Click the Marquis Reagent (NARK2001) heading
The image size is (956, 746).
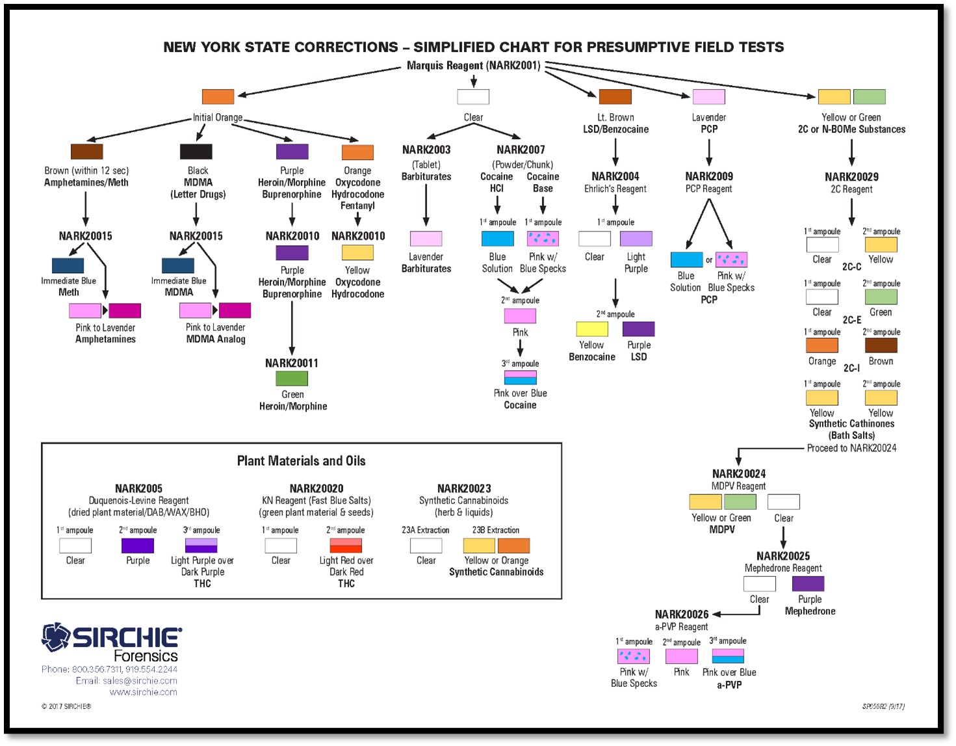473,66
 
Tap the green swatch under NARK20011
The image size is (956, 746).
292,379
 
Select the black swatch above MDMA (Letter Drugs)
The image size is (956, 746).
196,152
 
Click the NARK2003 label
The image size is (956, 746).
426,150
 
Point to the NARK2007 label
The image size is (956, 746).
521,150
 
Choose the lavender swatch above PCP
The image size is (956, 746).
708,97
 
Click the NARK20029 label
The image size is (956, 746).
851,177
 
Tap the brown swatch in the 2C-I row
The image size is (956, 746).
881,345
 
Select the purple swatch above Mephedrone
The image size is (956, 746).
808,583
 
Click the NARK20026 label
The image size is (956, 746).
681,615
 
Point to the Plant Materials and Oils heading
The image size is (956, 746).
301,461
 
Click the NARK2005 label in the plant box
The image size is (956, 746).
138,488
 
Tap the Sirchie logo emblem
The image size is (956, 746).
56,637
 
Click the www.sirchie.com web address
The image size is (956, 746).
143,692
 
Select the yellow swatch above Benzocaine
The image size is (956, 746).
592,329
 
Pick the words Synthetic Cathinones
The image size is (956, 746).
851,423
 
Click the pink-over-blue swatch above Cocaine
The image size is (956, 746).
520,377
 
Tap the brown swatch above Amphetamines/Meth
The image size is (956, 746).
86,152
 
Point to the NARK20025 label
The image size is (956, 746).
783,556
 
